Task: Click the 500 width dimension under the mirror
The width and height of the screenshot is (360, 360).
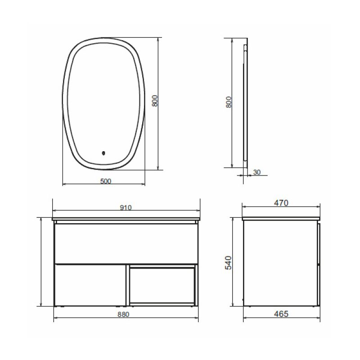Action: (106, 181)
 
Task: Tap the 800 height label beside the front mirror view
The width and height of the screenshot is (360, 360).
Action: (155, 100)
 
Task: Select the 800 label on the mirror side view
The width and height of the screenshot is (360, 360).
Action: (229, 102)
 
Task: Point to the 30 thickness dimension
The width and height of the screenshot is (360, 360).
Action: (257, 172)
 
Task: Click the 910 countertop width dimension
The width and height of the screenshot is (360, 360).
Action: (126, 207)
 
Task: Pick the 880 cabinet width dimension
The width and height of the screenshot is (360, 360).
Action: (123, 314)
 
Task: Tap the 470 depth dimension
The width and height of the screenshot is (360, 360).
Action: (281, 203)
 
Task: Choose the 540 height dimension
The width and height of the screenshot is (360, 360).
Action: (229, 263)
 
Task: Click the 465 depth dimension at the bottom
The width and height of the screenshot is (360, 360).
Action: (281, 314)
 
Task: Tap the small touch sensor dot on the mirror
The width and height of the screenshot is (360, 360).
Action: (103, 153)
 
